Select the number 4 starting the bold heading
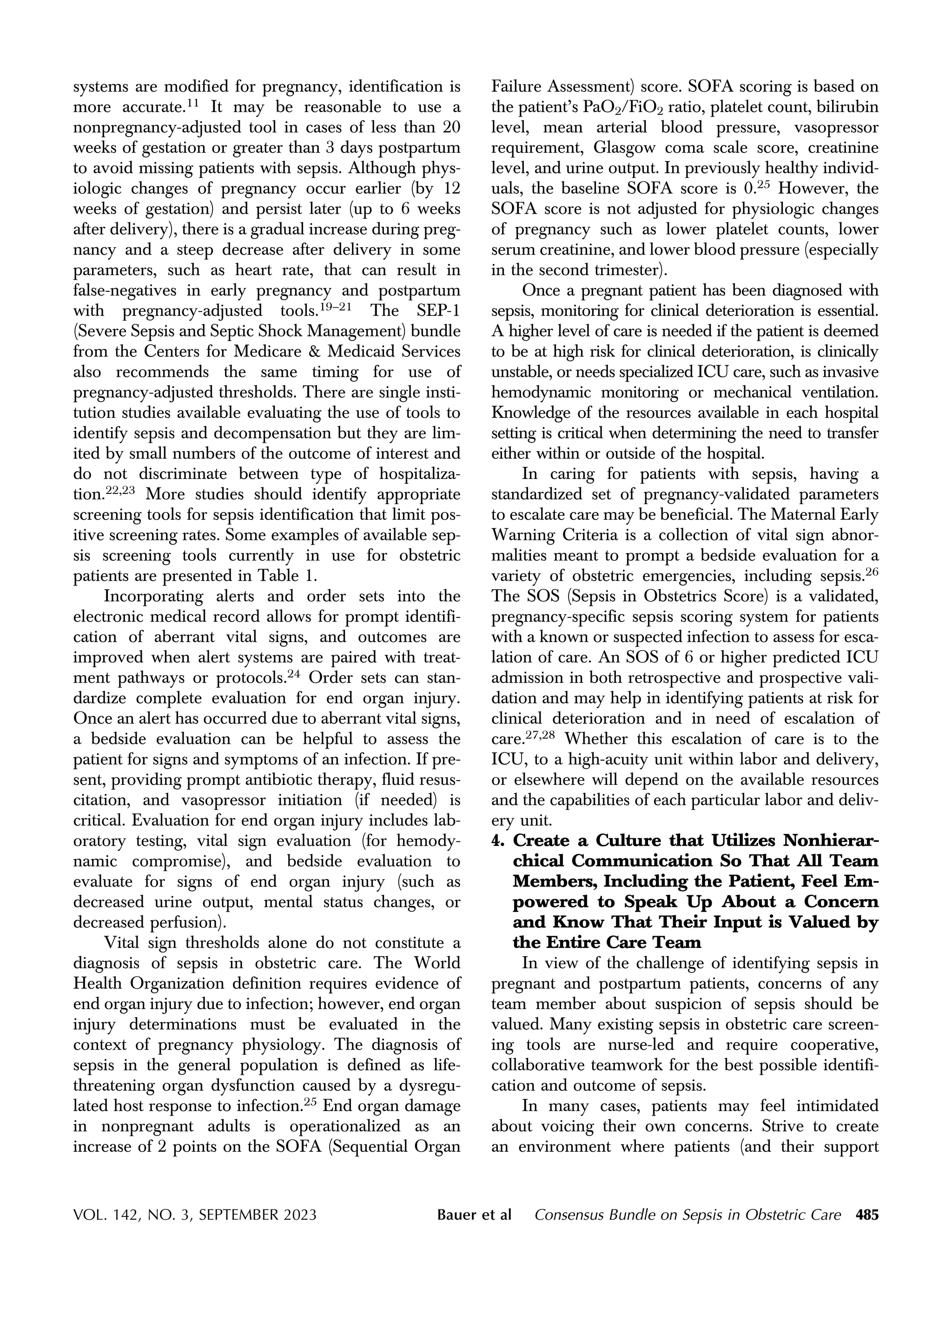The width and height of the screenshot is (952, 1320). (x=496, y=841)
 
